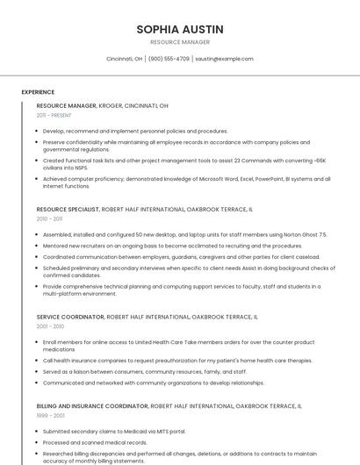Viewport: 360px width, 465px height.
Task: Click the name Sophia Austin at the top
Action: [180, 30]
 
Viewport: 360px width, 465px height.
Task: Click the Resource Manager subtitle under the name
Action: [180, 42]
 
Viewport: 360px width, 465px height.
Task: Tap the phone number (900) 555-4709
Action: [169, 59]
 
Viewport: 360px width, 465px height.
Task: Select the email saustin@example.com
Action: [224, 59]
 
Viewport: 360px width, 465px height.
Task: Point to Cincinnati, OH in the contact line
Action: [124, 59]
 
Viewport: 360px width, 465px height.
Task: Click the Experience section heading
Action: [38, 92]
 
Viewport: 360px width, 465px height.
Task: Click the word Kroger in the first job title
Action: [111, 105]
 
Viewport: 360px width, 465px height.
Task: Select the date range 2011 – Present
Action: [54, 115]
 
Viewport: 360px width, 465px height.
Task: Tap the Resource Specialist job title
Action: [68, 210]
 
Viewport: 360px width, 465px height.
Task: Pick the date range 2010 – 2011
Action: [49, 219]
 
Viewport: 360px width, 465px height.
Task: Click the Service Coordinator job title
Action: [69, 317]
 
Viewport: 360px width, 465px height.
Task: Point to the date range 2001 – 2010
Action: [49, 326]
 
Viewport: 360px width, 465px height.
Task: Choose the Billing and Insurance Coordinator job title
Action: [92, 407]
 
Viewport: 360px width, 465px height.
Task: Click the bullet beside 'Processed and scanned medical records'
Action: [38, 443]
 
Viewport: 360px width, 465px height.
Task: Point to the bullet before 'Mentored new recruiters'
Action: [38, 247]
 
